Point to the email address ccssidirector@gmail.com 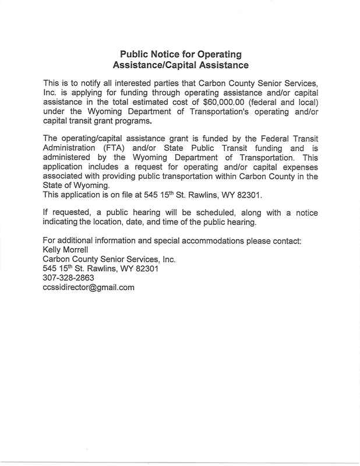(x=89, y=288)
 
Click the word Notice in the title (x=164, y=55)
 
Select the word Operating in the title (x=219, y=55)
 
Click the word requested (x=71, y=213)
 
